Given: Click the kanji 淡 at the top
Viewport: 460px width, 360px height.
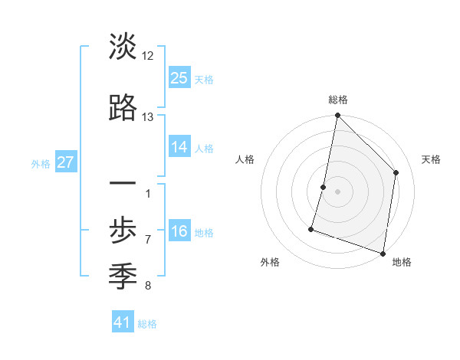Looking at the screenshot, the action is pyautogui.click(x=123, y=47).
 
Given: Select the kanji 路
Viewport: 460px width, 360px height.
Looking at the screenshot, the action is pyautogui.click(x=123, y=109).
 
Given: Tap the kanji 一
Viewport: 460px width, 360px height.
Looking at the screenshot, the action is pyautogui.click(x=123, y=185).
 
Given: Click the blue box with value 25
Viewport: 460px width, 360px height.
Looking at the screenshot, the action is pyautogui.click(x=179, y=77).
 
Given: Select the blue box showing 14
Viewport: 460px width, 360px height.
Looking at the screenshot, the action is pyautogui.click(x=179, y=146).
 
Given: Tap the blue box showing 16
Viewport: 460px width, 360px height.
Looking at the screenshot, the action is pyautogui.click(x=179, y=231).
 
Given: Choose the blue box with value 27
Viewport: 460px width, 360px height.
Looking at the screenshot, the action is pyautogui.click(x=65, y=162).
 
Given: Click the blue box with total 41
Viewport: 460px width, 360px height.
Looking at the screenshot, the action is pyautogui.click(x=123, y=322).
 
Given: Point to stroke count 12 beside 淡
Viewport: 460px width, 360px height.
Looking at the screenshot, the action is pyautogui.click(x=148, y=56).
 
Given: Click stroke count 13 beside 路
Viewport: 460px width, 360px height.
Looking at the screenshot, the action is pyautogui.click(x=148, y=117).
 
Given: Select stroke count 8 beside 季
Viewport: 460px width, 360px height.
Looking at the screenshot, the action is pyautogui.click(x=147, y=286).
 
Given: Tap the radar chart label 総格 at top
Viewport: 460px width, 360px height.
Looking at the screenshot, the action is pyautogui.click(x=338, y=100).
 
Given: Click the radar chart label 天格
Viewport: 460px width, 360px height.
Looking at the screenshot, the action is pyautogui.click(x=431, y=159).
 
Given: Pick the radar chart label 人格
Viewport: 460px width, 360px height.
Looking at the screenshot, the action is pyautogui.click(x=245, y=159).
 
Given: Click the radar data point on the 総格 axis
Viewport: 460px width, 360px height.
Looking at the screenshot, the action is pyautogui.click(x=337, y=116).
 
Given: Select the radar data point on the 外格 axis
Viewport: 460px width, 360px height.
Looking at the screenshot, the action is pyautogui.click(x=312, y=228).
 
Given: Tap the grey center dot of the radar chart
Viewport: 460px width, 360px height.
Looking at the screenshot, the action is pyautogui.click(x=337, y=191).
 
